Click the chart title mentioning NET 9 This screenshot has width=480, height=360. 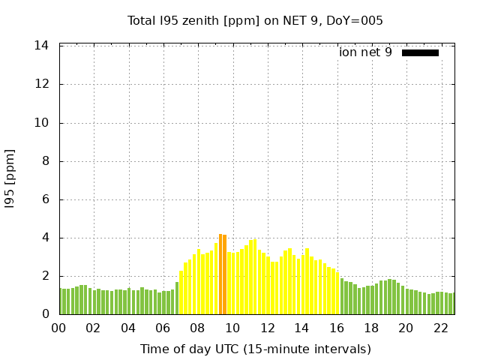255,21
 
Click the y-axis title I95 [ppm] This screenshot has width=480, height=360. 10,178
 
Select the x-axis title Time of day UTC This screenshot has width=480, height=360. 255,349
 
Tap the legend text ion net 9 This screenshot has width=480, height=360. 365,52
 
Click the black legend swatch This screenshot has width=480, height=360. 420,52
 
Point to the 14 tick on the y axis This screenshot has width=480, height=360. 42,46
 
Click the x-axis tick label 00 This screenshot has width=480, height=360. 59,328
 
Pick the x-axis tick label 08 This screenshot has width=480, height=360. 198,328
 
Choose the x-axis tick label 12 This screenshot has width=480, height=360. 267,328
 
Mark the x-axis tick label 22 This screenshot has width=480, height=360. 440,328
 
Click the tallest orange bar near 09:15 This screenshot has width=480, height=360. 220,274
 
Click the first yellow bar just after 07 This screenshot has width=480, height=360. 181,293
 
